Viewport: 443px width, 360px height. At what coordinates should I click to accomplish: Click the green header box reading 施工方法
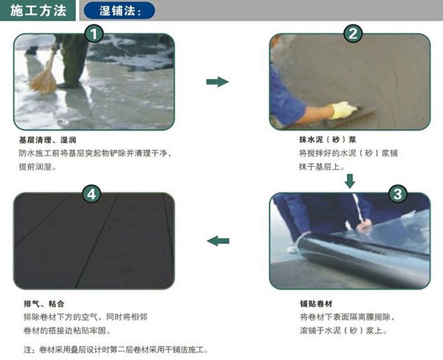point(38,10)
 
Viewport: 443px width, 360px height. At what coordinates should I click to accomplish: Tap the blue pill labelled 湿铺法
point(120,11)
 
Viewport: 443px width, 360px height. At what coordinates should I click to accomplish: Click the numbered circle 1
point(94,34)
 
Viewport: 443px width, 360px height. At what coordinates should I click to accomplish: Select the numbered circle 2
point(353,34)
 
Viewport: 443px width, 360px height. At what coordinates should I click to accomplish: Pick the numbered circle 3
point(398,194)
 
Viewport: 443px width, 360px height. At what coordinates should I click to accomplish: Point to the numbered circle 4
point(92,194)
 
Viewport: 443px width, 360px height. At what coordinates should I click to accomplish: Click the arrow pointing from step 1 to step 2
point(217,82)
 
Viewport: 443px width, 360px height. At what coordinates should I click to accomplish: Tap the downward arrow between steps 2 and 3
point(350,181)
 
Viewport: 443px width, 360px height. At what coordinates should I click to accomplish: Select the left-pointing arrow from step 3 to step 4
point(218,240)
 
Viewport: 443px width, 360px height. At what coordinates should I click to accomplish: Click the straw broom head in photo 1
point(44,81)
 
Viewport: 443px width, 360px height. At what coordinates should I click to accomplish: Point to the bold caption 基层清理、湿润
point(47,139)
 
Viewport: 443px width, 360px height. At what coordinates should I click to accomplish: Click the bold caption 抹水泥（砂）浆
point(328,139)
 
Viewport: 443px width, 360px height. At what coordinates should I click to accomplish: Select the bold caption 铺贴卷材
point(316,304)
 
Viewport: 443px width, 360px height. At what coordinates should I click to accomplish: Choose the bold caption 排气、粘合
point(44,304)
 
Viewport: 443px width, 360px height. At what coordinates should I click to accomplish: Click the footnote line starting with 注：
point(116,350)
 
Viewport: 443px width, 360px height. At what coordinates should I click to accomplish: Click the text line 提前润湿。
point(38,167)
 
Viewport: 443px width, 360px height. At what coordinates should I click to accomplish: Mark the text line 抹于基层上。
point(322,167)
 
